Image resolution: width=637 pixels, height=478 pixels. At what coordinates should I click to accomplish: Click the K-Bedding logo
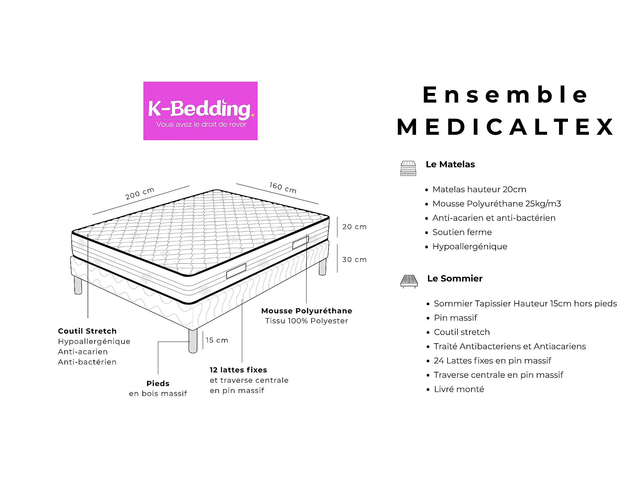pyautogui.click(x=200, y=111)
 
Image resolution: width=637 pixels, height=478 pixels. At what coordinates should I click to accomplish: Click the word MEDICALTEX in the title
pyautogui.click(x=506, y=127)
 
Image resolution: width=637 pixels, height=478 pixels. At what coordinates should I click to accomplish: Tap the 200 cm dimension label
pyautogui.click(x=140, y=194)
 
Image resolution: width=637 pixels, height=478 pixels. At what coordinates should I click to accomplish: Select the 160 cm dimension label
pyautogui.click(x=283, y=188)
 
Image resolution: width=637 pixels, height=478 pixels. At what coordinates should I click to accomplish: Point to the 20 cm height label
pyautogui.click(x=354, y=227)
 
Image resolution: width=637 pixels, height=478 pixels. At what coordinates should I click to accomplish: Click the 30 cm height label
pyautogui.click(x=354, y=260)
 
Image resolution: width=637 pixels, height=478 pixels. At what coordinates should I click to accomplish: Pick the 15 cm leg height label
pyautogui.click(x=217, y=340)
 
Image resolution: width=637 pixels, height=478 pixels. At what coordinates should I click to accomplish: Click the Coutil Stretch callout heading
pyautogui.click(x=87, y=331)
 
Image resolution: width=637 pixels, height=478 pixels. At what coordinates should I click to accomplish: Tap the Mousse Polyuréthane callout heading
pyautogui.click(x=307, y=311)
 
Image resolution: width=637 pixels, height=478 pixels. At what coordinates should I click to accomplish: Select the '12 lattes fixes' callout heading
pyautogui.click(x=238, y=370)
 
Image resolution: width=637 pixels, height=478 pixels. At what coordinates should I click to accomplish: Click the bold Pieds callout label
pyautogui.click(x=158, y=383)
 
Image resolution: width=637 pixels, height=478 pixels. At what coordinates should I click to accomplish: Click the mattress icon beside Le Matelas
pyautogui.click(x=408, y=168)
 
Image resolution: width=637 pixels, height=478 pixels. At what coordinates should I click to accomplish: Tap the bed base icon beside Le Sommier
pyautogui.click(x=409, y=281)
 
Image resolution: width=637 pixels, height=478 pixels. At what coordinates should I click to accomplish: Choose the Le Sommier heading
pyautogui.click(x=455, y=279)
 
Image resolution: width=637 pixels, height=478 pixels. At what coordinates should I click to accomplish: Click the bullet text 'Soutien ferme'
pyautogui.click(x=462, y=232)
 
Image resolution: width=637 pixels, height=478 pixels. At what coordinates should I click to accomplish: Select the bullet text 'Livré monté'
pyautogui.click(x=459, y=389)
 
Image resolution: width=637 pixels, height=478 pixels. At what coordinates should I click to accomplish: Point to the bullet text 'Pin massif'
pyautogui.click(x=456, y=318)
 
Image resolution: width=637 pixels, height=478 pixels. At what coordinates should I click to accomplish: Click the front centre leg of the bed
pyautogui.click(x=193, y=341)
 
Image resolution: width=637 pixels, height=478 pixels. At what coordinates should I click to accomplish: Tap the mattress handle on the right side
pyautogui.click(x=301, y=242)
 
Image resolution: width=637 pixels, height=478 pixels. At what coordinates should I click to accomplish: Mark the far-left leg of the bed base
pyautogui.click(x=78, y=285)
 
